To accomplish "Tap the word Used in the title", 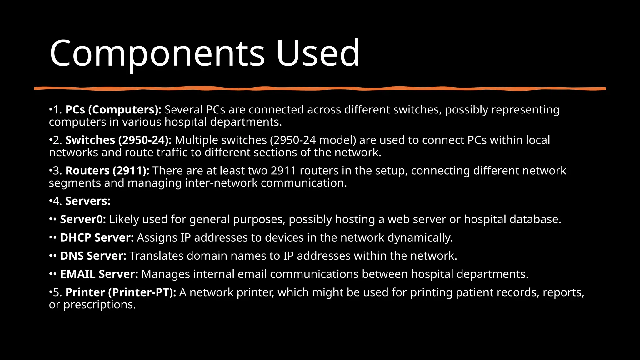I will [317, 53].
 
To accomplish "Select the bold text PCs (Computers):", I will [113, 110].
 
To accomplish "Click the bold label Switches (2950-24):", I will [118, 140].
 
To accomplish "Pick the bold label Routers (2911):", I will [107, 171].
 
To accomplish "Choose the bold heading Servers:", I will [88, 201].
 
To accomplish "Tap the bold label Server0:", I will [83, 219].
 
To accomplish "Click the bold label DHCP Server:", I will [97, 237].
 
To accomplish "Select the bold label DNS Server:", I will [93, 256].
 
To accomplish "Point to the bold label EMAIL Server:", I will [99, 274].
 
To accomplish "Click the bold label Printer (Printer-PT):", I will [121, 292].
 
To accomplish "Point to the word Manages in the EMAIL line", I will [166, 274].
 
